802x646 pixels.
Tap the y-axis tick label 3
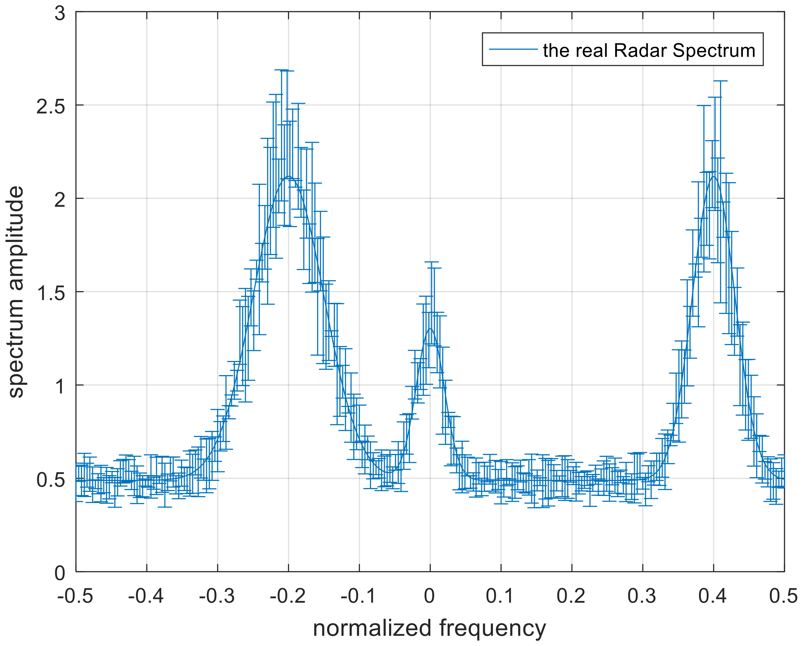coord(59,14)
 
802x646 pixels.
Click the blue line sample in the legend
coord(513,49)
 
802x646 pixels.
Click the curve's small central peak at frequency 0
coord(430,329)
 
